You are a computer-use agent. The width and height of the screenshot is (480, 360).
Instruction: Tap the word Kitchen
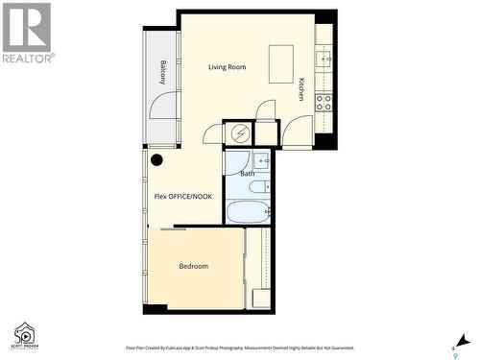click(x=300, y=89)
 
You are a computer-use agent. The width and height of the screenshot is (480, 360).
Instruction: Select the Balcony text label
click(x=164, y=73)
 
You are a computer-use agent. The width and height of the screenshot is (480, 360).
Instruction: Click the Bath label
click(x=248, y=174)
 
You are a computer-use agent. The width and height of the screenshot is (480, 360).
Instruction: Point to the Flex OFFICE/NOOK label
click(x=183, y=197)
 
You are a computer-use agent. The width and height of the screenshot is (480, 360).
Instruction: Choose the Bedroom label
click(x=193, y=266)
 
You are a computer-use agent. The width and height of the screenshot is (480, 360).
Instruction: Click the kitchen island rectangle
click(x=281, y=63)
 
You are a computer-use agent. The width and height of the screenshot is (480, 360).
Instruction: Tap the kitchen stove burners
click(x=324, y=102)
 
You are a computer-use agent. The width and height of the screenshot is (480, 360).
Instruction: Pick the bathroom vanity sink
click(x=261, y=159)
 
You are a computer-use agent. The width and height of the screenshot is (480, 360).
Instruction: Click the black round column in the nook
click(x=156, y=160)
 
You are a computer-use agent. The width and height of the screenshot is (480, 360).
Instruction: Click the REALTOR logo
click(x=27, y=33)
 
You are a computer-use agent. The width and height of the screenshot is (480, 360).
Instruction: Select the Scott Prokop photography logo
click(x=24, y=334)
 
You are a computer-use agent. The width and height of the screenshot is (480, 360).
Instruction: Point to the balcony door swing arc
click(x=162, y=106)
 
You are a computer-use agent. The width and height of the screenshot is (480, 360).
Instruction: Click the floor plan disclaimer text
click(x=240, y=348)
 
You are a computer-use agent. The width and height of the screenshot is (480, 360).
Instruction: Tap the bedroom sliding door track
click(x=174, y=228)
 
